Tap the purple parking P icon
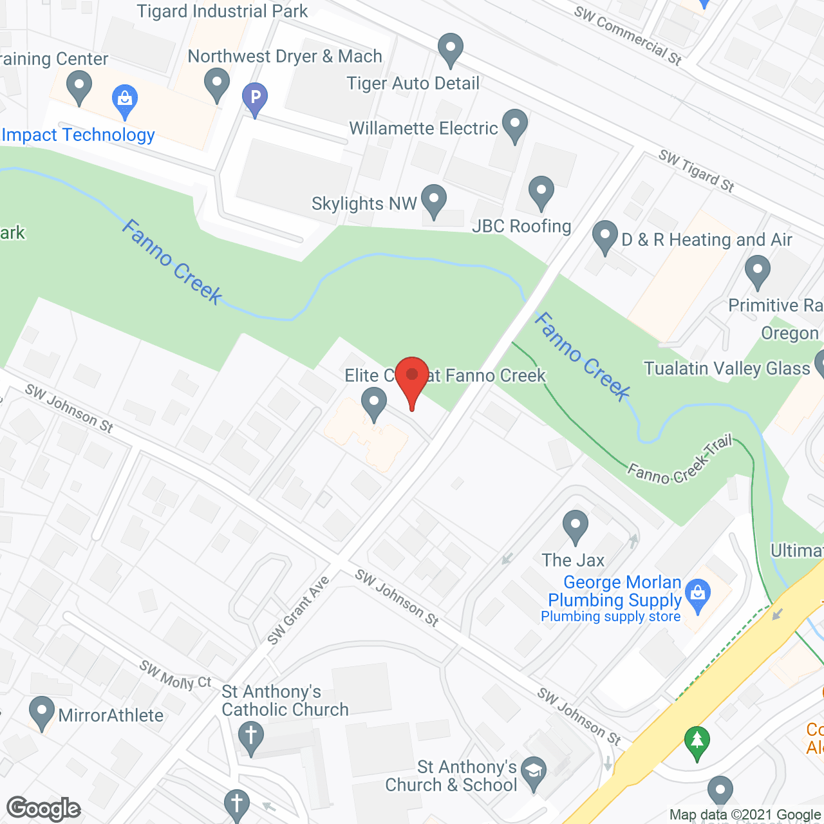tap(255, 98)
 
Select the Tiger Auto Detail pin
tap(451, 49)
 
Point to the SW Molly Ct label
tap(176, 675)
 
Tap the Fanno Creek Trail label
tap(680, 460)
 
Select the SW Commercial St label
tap(628, 35)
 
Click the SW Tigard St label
tap(696, 171)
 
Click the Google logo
tap(44, 809)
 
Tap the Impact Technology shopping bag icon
tap(125, 100)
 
